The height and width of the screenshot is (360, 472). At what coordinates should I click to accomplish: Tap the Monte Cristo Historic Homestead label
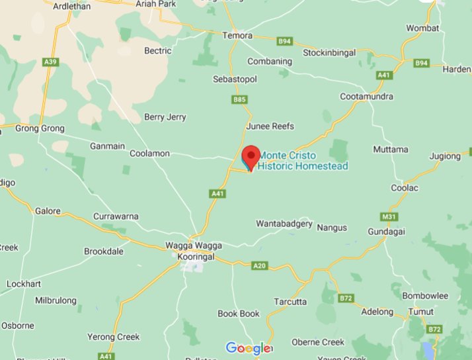tap(302, 161)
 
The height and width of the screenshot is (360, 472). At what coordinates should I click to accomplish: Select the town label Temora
tap(237, 35)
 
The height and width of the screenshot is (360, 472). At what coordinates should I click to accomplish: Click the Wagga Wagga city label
tap(193, 246)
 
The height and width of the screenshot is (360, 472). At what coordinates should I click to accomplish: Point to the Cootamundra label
tap(366, 97)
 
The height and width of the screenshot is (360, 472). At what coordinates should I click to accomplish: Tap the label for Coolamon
tap(149, 153)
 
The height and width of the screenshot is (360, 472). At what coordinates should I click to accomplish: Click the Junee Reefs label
tap(270, 126)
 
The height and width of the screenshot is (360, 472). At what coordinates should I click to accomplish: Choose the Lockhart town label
tap(24, 284)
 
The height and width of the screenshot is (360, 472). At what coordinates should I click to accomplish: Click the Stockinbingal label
tap(334, 52)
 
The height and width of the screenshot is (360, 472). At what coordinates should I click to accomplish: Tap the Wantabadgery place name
tap(284, 224)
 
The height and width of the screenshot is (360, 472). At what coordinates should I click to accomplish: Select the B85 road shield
tap(239, 100)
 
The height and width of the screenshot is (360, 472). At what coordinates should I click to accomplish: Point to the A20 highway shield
tap(260, 265)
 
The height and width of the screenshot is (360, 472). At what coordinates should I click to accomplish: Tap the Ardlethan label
tap(66, 4)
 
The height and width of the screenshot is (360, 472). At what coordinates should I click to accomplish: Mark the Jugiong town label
tap(444, 156)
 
